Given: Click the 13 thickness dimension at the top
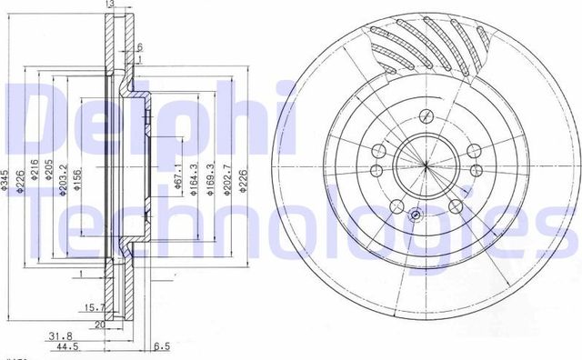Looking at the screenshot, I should coord(109,5).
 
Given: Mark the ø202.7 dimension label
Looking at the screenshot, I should coord(227,178).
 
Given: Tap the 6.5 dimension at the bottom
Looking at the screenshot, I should coord(162,346).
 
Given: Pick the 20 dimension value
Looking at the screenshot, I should coord(101,323).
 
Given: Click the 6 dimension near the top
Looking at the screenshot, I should coord(139,46).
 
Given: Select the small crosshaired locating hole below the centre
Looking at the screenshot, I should coord(415,215).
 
